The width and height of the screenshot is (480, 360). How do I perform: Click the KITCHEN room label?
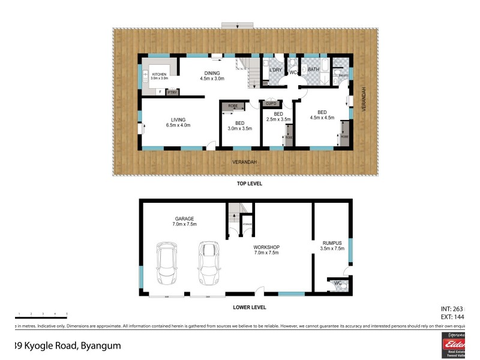[159, 76]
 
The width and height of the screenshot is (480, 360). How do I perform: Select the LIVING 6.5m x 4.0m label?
[178, 122]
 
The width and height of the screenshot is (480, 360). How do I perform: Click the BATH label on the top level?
[314, 70]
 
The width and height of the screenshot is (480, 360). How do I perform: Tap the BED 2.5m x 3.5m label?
[278, 117]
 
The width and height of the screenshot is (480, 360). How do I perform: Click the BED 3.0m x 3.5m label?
[239, 125]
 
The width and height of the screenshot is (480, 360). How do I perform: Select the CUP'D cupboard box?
[271, 103]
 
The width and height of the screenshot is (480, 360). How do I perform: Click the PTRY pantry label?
[172, 92]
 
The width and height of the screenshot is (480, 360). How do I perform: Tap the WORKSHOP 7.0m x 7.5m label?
[267, 250]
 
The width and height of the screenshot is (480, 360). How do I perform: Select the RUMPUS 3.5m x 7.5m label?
[332, 245]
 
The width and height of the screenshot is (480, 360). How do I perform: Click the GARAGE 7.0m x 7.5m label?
[185, 222]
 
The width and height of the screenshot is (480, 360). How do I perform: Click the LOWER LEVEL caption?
[249, 307]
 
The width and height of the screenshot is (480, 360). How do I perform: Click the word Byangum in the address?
[100, 346]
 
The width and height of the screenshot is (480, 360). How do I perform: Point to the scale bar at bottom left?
[41, 317]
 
